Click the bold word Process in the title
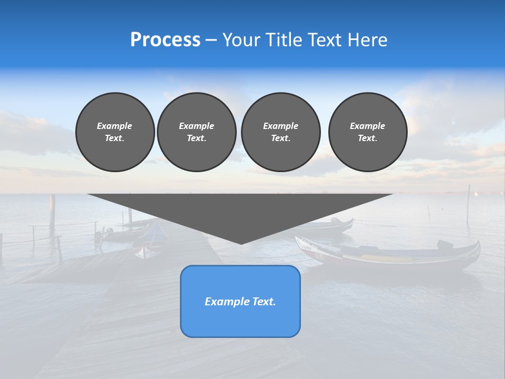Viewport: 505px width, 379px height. pyautogui.click(x=165, y=40)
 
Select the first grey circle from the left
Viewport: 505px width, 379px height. pyautogui.click(x=115, y=132)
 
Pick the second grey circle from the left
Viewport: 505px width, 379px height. pyautogui.click(x=196, y=132)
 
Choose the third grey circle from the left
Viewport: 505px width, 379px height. pyautogui.click(x=280, y=132)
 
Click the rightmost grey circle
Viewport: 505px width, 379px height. pyautogui.click(x=367, y=132)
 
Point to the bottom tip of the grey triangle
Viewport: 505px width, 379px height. pyautogui.click(x=241, y=243)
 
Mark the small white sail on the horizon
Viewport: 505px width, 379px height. pyautogui.click(x=476, y=193)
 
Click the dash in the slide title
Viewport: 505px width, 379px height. pyautogui.click(x=211, y=40)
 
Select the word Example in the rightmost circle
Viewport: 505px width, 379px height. pyautogui.click(x=367, y=126)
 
